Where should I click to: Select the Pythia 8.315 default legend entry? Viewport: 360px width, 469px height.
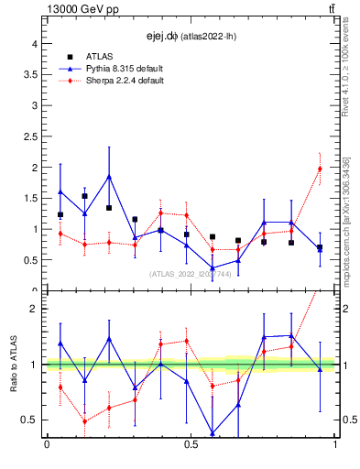point(126,69)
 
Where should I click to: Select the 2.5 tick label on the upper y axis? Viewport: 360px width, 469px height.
point(29,136)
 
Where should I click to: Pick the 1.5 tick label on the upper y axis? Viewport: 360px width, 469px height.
point(29,198)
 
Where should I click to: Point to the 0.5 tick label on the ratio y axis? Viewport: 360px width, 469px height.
point(29,420)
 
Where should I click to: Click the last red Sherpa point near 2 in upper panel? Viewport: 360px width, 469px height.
point(320,169)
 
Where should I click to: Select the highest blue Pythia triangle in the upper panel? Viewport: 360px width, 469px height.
point(109,176)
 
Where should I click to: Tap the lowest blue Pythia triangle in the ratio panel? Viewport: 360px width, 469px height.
point(213,433)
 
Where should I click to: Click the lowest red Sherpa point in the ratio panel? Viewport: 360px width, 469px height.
point(85,421)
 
